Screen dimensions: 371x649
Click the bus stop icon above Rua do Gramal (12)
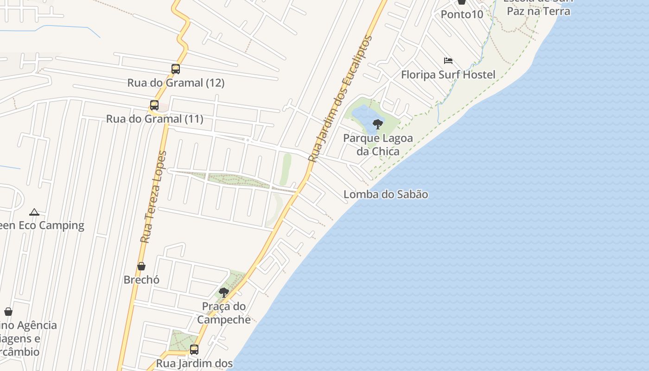(x=176, y=69)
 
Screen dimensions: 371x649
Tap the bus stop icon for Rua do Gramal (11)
(x=154, y=105)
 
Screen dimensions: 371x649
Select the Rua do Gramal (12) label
(x=176, y=83)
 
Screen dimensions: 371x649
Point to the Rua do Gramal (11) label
(x=155, y=119)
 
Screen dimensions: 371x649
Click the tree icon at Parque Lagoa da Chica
(x=378, y=124)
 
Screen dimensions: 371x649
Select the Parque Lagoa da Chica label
(x=378, y=145)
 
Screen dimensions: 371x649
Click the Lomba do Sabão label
(x=386, y=194)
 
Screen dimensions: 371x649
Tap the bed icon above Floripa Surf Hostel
(x=448, y=61)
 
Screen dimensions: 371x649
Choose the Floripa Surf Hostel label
(x=448, y=75)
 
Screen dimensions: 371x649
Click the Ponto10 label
(x=462, y=14)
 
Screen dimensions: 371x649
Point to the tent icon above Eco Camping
(x=34, y=212)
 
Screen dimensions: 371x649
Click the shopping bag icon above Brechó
(x=141, y=266)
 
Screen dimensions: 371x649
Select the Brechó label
(x=141, y=280)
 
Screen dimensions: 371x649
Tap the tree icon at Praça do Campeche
(x=224, y=293)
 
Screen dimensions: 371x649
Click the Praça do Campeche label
(x=224, y=313)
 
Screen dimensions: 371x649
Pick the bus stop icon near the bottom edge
(x=194, y=350)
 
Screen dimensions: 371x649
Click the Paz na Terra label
(x=538, y=11)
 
